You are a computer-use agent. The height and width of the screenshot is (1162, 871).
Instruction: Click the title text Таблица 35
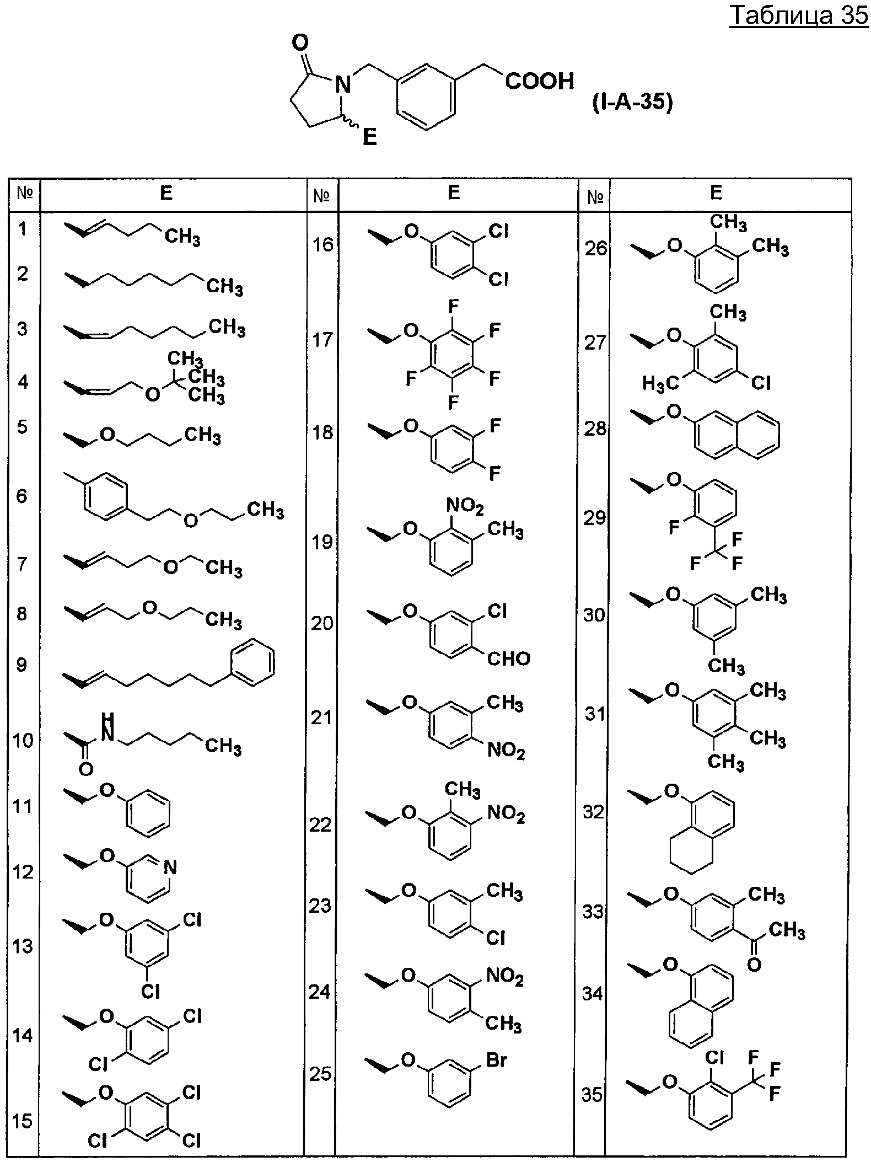799,16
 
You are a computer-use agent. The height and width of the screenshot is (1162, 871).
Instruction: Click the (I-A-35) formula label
633,103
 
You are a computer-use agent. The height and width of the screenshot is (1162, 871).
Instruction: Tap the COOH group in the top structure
540,82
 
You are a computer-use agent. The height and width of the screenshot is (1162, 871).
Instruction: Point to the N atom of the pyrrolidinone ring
343,84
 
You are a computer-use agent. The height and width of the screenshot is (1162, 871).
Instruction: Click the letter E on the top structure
370,137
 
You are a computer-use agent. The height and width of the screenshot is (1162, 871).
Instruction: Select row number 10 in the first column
23,741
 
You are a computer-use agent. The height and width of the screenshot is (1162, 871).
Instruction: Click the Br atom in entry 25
496,1059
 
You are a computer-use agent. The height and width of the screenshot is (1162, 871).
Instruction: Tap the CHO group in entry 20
508,658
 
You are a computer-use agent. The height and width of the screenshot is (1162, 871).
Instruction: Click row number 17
324,340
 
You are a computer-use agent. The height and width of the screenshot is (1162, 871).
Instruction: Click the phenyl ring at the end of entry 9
252,662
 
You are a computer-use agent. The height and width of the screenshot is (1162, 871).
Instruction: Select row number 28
595,429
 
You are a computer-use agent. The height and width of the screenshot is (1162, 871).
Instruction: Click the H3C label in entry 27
660,383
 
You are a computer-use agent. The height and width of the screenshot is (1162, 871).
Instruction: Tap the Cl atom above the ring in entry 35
714,1057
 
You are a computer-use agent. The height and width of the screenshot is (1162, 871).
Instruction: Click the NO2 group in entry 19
465,505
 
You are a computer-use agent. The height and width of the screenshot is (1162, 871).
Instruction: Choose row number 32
593,812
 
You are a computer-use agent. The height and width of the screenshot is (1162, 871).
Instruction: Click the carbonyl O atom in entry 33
754,965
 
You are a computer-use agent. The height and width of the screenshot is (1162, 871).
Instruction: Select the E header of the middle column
454,192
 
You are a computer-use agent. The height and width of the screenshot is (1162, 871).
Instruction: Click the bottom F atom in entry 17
453,403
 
